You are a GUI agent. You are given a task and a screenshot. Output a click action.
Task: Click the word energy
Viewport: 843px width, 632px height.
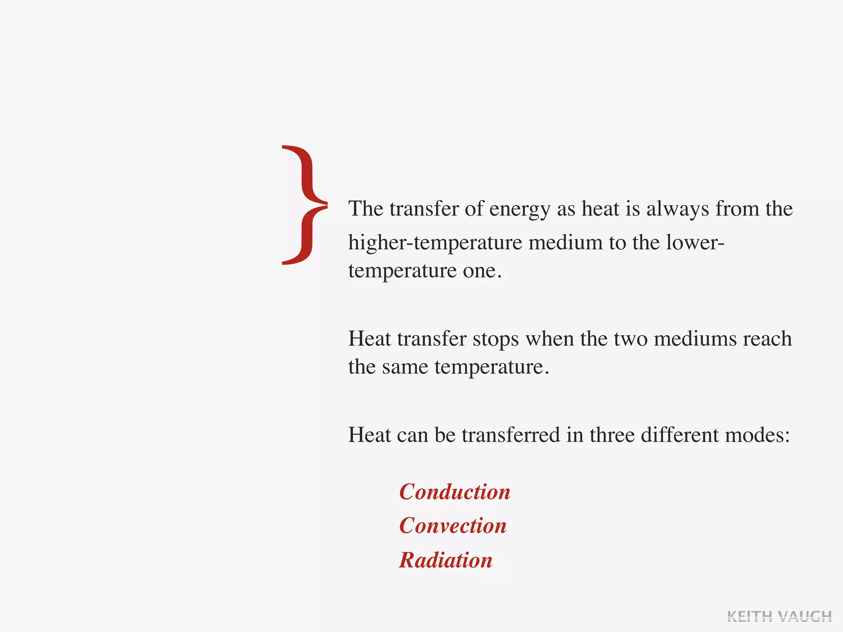(x=519, y=210)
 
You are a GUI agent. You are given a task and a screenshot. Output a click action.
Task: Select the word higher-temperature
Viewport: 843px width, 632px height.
(x=435, y=243)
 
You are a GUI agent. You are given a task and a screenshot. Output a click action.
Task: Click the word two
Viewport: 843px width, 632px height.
(x=630, y=339)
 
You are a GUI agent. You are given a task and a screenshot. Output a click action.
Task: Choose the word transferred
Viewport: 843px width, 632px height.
(x=510, y=435)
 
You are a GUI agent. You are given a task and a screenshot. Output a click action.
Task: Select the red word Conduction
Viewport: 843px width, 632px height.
(x=455, y=492)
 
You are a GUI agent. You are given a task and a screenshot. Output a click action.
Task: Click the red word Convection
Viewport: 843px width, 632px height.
(x=453, y=526)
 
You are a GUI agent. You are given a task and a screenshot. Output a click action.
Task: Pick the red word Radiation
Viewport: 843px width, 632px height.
(x=446, y=560)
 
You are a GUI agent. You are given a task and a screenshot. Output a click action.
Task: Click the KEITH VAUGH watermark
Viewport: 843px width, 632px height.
(x=779, y=616)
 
